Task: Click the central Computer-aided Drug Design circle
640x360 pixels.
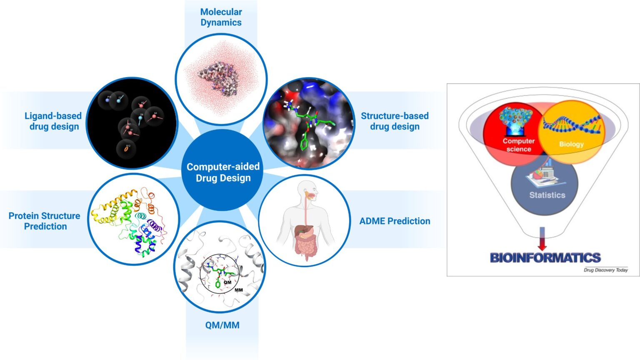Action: (223, 172)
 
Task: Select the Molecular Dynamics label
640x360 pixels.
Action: (221, 17)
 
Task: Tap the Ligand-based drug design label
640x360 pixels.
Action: (53, 121)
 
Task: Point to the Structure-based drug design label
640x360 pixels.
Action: (395, 121)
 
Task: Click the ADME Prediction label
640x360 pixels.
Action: (395, 221)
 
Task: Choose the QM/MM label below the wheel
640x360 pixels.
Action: (222, 325)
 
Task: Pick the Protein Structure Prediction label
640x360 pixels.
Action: (45, 221)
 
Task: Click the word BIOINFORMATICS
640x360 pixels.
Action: (545, 257)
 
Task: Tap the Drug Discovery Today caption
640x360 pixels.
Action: (605, 270)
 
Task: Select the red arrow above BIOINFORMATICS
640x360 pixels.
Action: (542, 240)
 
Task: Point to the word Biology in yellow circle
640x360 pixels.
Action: (571, 144)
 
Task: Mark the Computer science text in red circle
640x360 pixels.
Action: (518, 145)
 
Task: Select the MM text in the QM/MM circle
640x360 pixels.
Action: (239, 290)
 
